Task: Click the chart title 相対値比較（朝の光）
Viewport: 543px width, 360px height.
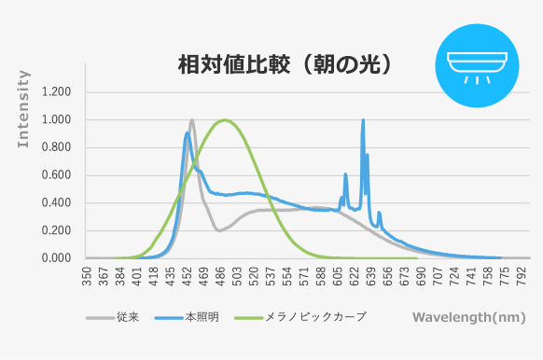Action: [x=284, y=64]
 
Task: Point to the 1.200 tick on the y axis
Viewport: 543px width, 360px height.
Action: [x=57, y=92]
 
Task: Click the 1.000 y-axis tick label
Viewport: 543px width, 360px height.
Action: [x=57, y=120]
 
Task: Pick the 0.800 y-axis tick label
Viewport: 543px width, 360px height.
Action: [x=57, y=147]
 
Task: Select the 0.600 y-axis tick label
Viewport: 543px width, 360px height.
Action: [x=57, y=175]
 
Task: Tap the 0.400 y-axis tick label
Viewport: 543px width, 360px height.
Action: [x=57, y=202]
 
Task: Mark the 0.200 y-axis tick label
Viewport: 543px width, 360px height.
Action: [x=57, y=230]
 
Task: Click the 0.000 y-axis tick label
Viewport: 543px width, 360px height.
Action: [x=57, y=258]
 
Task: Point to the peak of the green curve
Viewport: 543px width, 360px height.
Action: [x=224, y=119]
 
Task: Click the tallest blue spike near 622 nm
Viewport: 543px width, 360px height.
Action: [x=363, y=120]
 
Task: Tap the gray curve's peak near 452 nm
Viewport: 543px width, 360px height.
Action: [x=192, y=119]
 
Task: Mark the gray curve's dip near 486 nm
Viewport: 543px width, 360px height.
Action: [x=219, y=230]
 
